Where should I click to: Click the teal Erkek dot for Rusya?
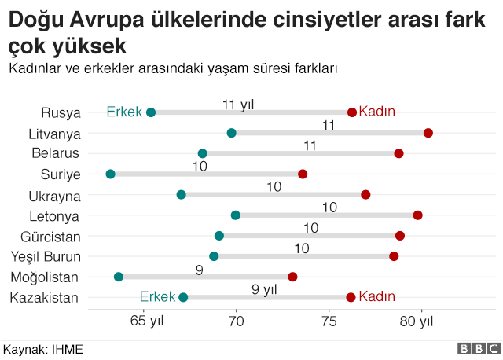(x=151, y=112)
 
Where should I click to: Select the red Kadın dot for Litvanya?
(x=428, y=133)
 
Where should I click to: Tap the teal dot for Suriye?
(x=110, y=174)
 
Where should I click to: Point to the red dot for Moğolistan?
(x=292, y=277)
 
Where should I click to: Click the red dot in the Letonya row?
(x=417, y=215)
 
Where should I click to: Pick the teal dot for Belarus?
(x=203, y=153)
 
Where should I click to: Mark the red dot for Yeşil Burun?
(x=394, y=256)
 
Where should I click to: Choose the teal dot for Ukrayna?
(x=182, y=194)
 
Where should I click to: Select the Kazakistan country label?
(x=44, y=297)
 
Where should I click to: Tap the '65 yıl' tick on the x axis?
(x=146, y=321)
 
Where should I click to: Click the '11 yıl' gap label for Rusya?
(x=238, y=104)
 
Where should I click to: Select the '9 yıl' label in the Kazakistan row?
(x=265, y=288)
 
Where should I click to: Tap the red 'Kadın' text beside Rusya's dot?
(x=376, y=112)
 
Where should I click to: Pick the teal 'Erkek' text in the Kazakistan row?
(x=157, y=297)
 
